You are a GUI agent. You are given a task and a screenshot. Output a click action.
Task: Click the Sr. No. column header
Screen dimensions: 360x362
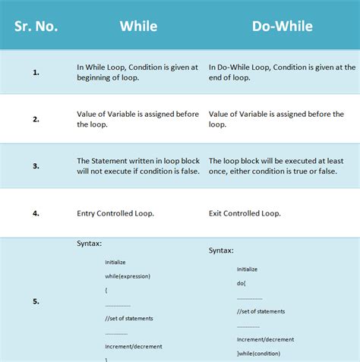point(36,26)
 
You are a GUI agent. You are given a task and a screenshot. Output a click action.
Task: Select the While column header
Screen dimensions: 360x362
point(138,26)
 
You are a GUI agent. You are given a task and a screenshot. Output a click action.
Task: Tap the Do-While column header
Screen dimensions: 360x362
point(282,26)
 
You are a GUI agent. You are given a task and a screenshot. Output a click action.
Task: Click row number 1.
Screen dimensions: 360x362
point(36,72)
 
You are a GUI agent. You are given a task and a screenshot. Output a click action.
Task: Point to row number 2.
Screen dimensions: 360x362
point(36,119)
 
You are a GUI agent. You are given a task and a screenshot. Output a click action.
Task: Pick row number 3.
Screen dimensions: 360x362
point(36,166)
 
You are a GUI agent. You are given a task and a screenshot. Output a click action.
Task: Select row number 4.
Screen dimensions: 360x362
point(36,213)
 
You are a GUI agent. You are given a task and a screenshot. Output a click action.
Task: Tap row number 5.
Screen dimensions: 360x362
point(36,301)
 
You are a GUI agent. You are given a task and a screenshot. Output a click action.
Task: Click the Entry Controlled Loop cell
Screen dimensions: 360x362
point(115,213)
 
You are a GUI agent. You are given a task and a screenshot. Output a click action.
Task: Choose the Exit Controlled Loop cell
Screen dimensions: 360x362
point(245,213)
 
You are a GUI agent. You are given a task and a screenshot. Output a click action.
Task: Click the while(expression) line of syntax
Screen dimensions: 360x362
point(128,275)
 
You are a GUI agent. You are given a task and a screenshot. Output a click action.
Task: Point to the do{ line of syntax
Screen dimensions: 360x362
point(242,282)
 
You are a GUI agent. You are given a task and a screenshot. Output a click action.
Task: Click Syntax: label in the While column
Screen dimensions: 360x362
point(90,243)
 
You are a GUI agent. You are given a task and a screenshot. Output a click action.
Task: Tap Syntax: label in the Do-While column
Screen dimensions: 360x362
point(221,250)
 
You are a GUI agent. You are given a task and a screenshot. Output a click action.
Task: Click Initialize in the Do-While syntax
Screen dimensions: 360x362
point(248,269)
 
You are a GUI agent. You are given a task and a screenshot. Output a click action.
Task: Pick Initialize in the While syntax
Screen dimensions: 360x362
point(116,262)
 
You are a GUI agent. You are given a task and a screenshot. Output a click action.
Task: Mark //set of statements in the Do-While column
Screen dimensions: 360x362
point(261,311)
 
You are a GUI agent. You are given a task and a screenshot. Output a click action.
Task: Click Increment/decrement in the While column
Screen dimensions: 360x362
point(134,346)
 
